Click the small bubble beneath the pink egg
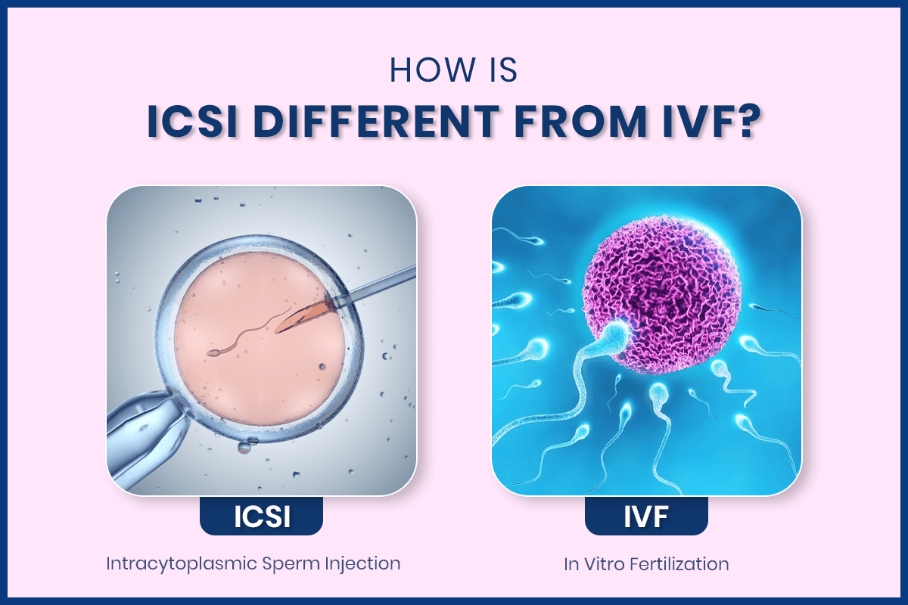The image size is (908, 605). point(244,448)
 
